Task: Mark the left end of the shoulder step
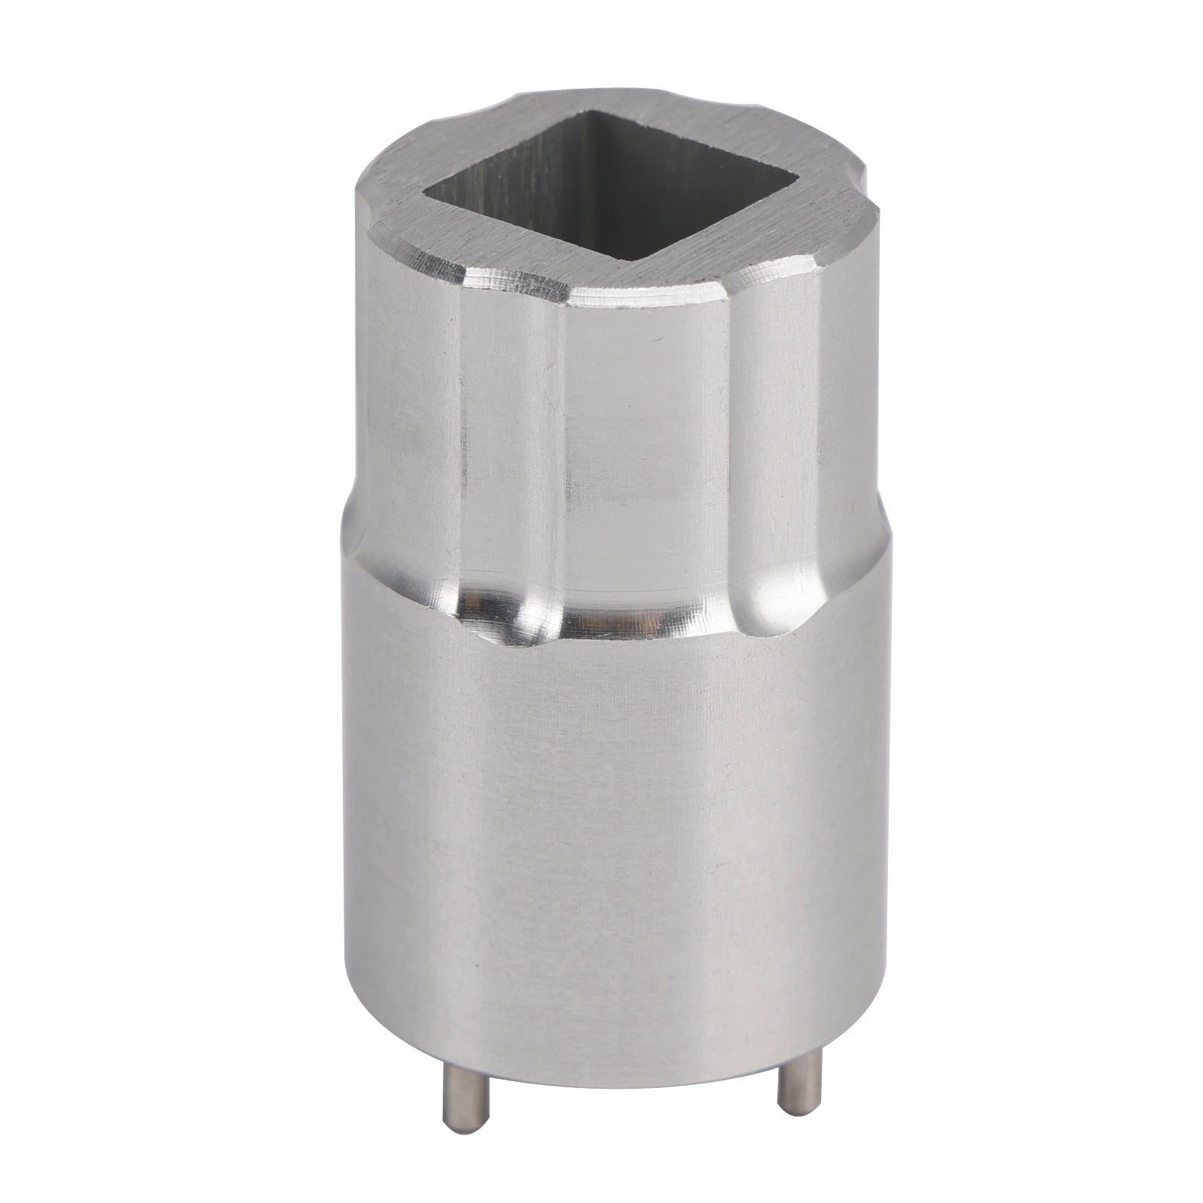pyautogui.click(x=350, y=511)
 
